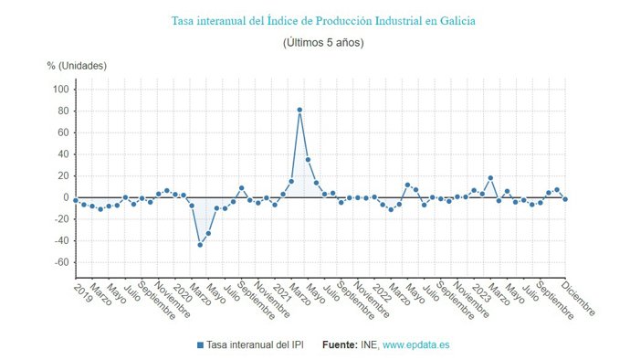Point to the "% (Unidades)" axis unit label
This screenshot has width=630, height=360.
(78, 66)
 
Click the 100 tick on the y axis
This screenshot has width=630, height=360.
(61, 90)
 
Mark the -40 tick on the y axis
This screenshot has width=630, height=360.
(61, 240)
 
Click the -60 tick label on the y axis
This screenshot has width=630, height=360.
(61, 262)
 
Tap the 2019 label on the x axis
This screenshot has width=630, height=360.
(81, 291)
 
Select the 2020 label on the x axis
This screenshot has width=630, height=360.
(181, 291)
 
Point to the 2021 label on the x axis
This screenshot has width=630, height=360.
(280, 291)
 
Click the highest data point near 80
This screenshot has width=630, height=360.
(299, 111)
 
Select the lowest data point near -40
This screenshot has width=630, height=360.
(200, 245)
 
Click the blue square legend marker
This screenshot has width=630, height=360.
(200, 345)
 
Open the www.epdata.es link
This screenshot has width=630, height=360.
(415, 345)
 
